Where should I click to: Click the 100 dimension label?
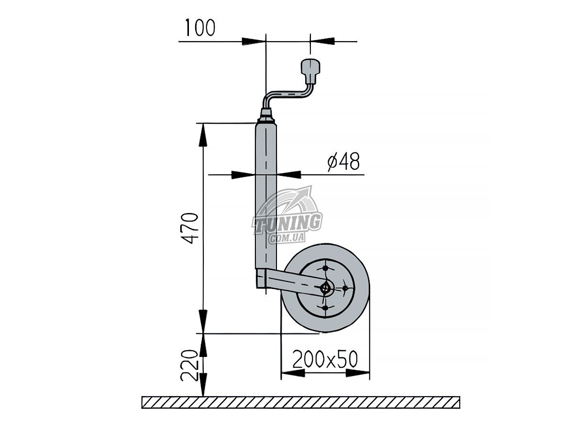(x=200, y=27)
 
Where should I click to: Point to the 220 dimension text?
(x=188, y=365)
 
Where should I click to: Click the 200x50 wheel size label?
(x=325, y=359)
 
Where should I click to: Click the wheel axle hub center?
(x=326, y=289)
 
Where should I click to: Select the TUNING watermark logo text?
(x=287, y=223)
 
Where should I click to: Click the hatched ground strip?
(x=301, y=402)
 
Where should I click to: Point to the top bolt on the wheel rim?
(x=325, y=268)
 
